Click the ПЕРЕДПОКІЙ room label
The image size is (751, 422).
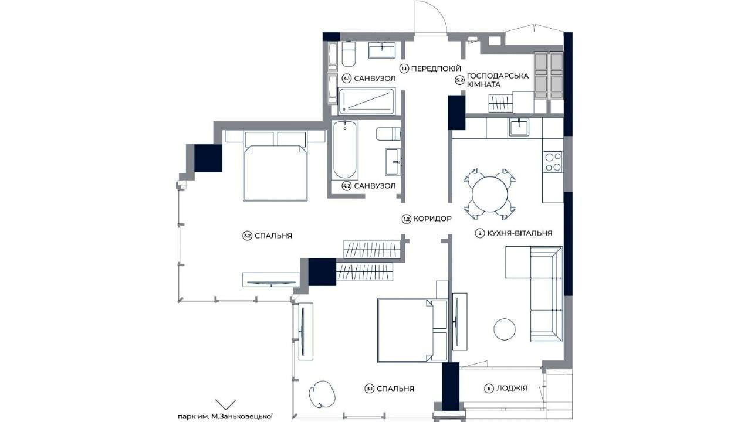[435, 69]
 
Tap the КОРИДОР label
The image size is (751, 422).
[432, 219]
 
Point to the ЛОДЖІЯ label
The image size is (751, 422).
[512, 388]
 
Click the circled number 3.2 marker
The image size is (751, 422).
[248, 236]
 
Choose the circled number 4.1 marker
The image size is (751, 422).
[346, 79]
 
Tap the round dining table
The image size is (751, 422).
[490, 194]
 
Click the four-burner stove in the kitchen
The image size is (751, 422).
[553, 162]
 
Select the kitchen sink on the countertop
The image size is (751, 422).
[519, 127]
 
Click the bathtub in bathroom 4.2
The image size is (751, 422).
[344, 149]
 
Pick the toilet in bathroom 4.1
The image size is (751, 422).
[349, 54]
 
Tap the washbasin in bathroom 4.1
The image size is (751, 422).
[381, 50]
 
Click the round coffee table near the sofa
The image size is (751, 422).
[505, 329]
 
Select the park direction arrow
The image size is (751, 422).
[225, 404]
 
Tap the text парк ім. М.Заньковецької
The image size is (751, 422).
[225, 417]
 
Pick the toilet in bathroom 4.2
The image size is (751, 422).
[388, 134]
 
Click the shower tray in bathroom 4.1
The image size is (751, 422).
[366, 101]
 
